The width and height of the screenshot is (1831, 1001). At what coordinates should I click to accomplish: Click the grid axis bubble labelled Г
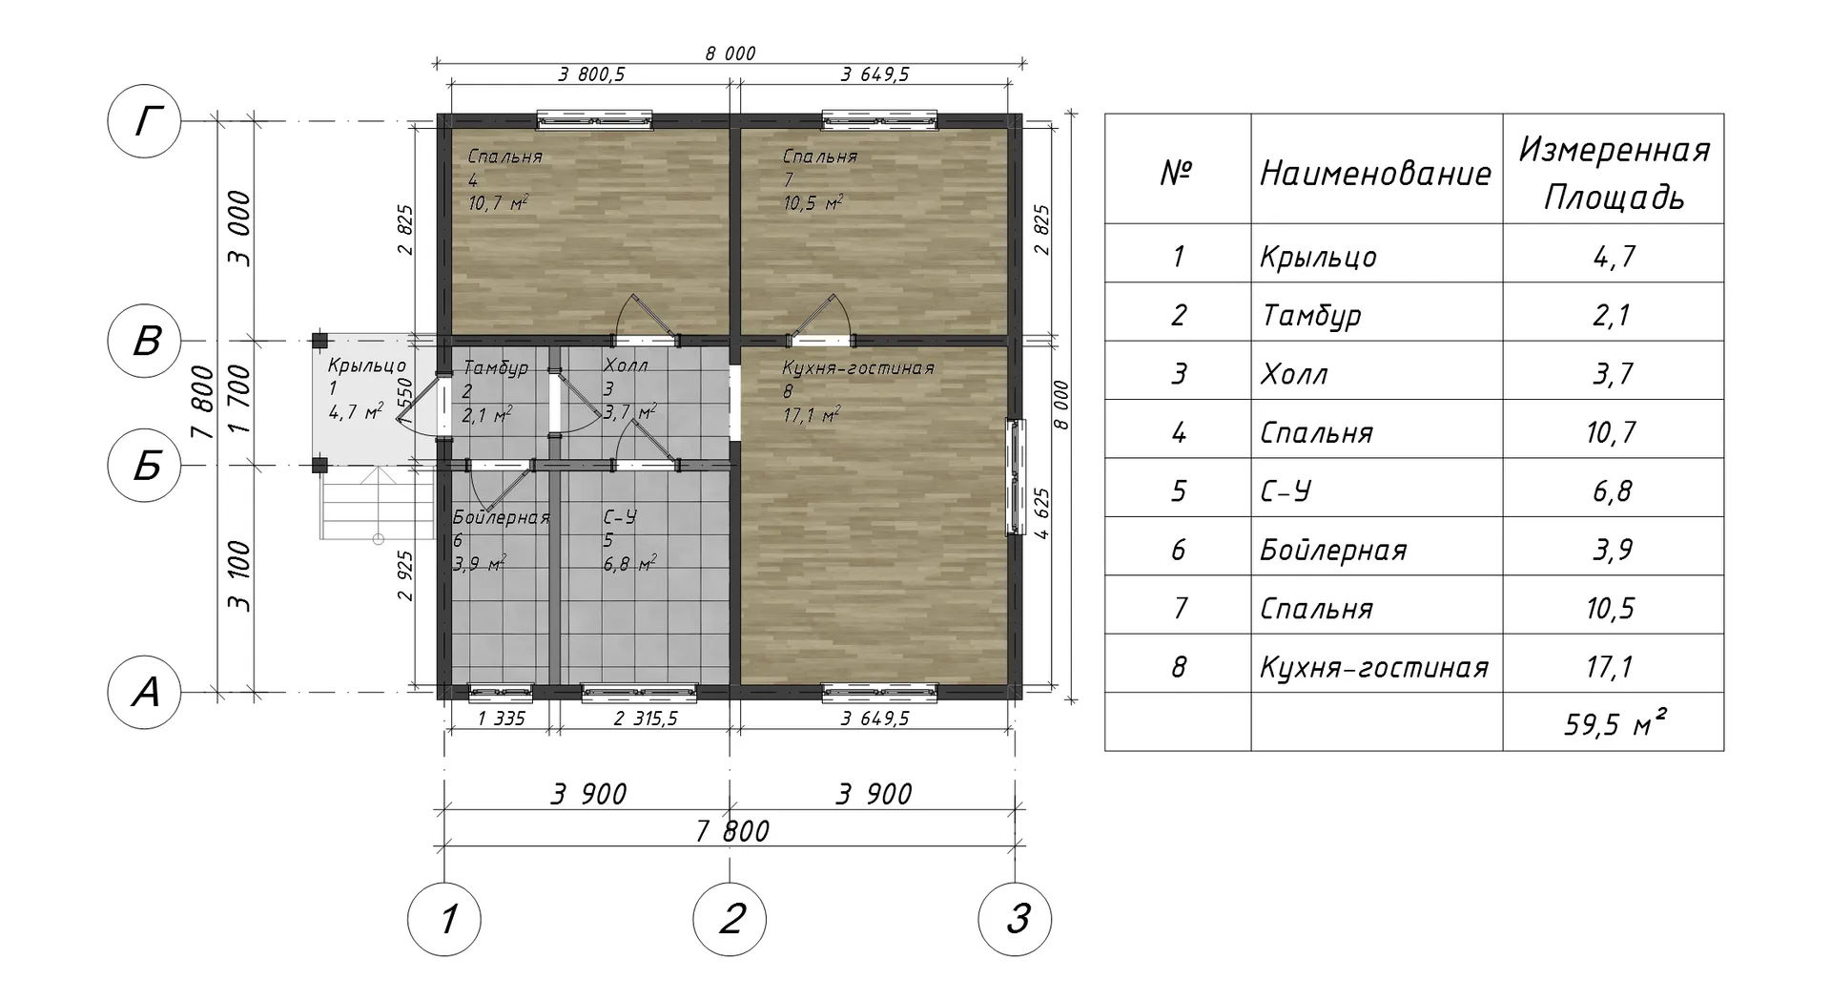[144, 121]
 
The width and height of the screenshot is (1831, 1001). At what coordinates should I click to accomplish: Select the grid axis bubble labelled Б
[144, 466]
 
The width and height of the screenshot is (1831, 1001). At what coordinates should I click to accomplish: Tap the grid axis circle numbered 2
[730, 920]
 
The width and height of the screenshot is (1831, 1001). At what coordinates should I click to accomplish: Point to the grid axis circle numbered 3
[1016, 920]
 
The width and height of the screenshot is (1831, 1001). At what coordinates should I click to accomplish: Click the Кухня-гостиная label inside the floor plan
[857, 368]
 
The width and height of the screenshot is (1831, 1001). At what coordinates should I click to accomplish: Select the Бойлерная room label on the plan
[502, 517]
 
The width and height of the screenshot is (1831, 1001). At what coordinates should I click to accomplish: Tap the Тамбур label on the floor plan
[495, 368]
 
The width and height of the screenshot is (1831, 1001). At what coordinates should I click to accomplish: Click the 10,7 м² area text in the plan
[499, 202]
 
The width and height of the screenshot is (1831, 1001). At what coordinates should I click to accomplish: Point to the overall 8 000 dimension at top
[730, 53]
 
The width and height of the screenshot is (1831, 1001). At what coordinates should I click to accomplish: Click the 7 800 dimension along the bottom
[731, 831]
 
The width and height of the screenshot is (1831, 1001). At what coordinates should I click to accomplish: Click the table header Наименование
[1375, 174]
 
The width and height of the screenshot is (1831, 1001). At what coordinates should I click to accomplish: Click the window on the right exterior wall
[1016, 474]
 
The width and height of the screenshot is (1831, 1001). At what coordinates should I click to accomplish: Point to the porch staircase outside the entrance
[378, 505]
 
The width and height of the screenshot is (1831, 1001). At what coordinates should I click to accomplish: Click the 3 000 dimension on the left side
[239, 229]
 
